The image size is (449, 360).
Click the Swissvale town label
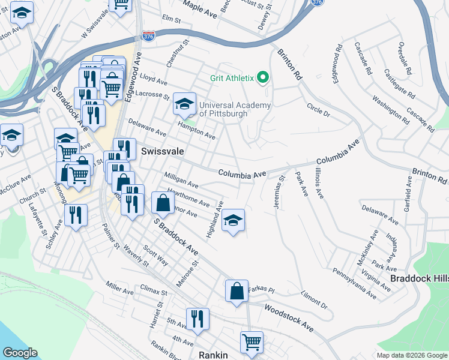click(162, 152)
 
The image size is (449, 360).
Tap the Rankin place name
click(213, 355)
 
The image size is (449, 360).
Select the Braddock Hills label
click(419, 278)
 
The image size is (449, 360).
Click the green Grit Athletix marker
click(262, 77)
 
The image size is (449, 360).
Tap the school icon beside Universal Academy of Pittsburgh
click(184, 104)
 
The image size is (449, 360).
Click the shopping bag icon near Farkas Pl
click(237, 291)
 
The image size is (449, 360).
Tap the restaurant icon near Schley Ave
click(76, 215)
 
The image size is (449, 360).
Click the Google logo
click(20, 353)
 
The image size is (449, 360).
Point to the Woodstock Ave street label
click(289, 319)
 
